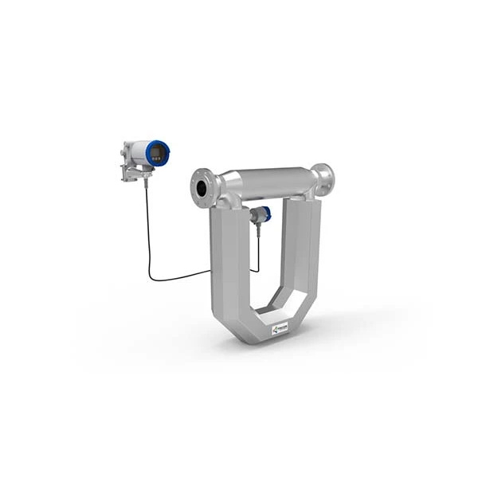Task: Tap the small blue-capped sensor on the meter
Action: pyautogui.click(x=262, y=213)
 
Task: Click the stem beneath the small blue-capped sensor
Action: pyautogui.click(x=257, y=231)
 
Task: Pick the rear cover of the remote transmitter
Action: pyautogui.click(x=127, y=151)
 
